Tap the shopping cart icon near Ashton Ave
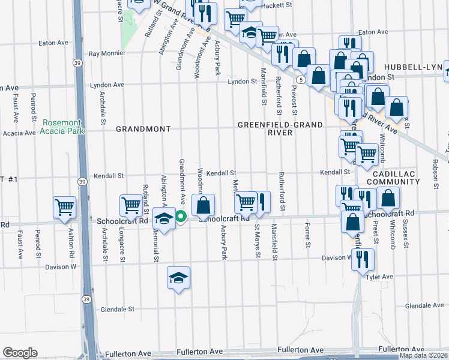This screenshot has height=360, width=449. (x=65, y=207)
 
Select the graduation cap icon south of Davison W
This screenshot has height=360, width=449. (x=178, y=277)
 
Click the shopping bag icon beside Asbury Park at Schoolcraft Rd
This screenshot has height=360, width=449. (x=203, y=205)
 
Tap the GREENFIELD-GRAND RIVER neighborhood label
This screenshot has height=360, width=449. (x=280, y=128)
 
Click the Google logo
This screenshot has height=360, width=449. (x=20, y=353)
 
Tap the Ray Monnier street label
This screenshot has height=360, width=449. (x=107, y=53)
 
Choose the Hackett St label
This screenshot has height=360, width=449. (x=279, y=5)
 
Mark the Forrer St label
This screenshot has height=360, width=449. (x=307, y=236)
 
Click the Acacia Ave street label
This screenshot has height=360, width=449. (x=19, y=133)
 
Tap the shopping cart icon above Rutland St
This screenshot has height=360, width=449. (x=131, y=205)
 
